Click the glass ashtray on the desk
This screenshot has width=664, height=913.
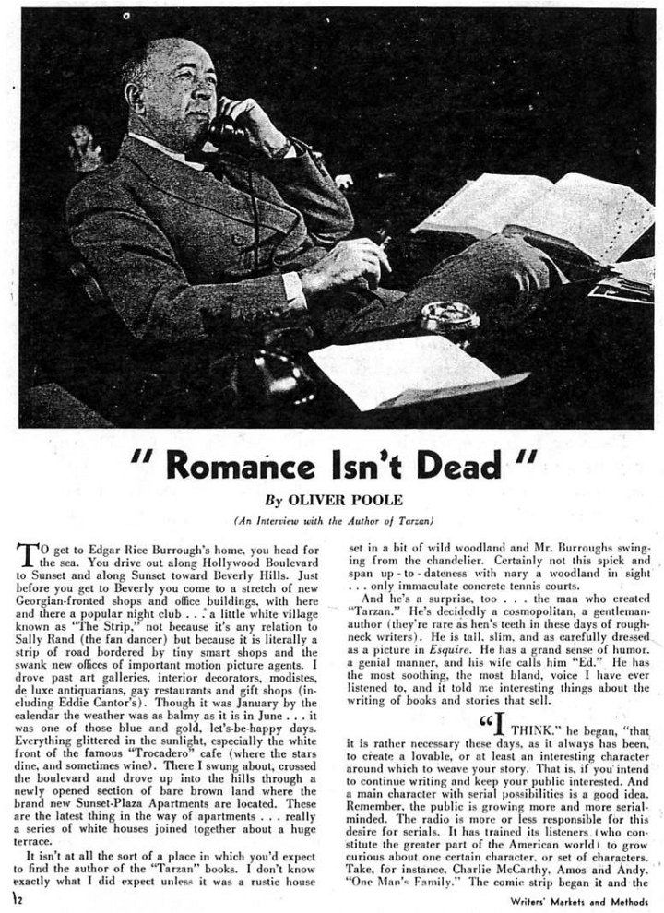450,318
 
